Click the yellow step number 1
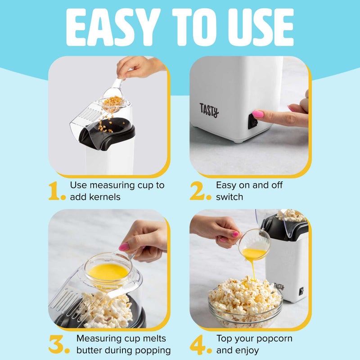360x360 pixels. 56,191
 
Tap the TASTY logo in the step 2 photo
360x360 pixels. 209,110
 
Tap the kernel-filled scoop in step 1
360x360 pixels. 112,102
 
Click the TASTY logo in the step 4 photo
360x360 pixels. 279,286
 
